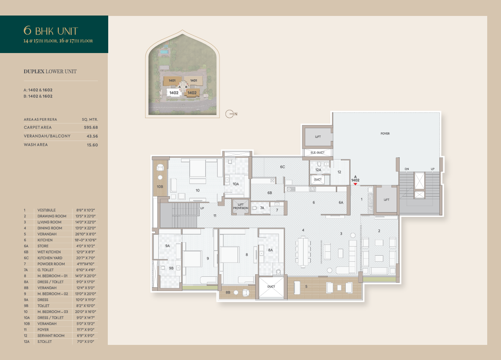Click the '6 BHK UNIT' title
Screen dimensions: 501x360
[50, 31]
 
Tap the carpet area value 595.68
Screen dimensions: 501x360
[91, 128]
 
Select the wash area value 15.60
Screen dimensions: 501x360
[92, 145]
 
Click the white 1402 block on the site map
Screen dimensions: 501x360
[174, 93]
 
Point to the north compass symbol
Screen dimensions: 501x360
[229, 114]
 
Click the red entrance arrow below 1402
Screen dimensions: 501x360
[355, 184]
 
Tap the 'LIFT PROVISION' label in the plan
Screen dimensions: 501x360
[241, 207]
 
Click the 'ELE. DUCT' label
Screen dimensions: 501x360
[317, 153]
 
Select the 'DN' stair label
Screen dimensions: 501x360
[407, 169]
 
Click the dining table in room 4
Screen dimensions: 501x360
[303, 251]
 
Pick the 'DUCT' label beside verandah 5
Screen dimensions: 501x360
[271, 287]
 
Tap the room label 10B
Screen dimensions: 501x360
[160, 187]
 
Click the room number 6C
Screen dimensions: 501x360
[282, 167]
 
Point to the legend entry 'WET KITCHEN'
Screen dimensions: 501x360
[49, 252]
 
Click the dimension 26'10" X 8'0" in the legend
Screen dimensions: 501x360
[85, 234]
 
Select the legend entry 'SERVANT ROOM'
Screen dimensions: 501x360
[51, 336]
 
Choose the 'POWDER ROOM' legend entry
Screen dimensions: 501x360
[51, 264]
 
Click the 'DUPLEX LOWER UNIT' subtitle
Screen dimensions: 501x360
[50, 72]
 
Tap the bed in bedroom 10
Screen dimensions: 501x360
[197, 169]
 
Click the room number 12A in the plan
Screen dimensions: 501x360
[318, 170]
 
